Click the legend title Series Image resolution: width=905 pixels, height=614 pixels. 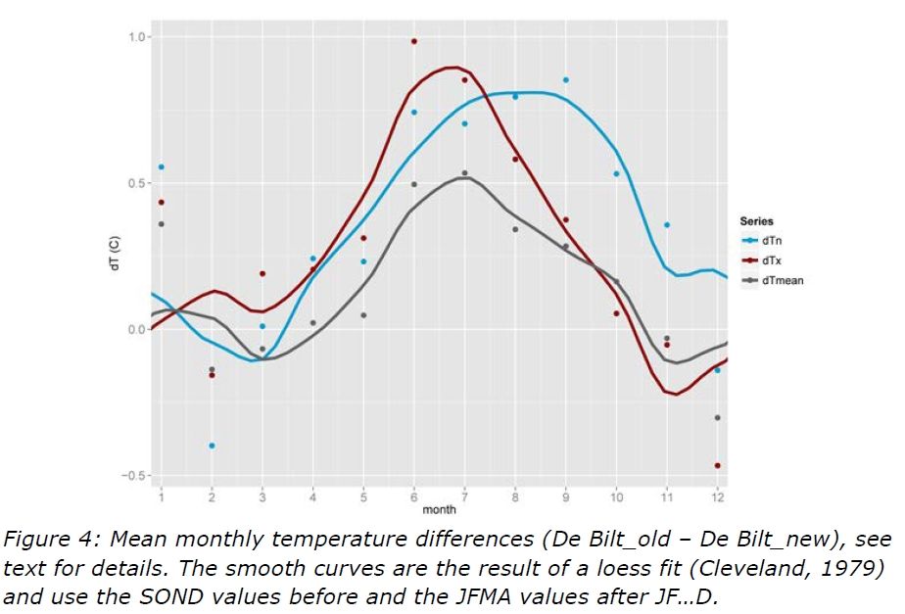point(756,221)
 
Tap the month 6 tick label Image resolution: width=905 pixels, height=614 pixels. point(414,497)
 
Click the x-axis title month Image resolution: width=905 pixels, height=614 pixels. point(439,510)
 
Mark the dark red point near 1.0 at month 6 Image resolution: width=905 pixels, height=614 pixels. point(414,41)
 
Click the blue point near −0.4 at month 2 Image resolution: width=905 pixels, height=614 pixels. point(212,446)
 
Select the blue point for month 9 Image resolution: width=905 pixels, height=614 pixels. point(566,79)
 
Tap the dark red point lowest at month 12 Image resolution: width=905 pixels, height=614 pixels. point(718,465)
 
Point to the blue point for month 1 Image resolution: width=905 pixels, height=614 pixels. point(162,167)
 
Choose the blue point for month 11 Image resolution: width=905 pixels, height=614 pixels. point(667,224)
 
